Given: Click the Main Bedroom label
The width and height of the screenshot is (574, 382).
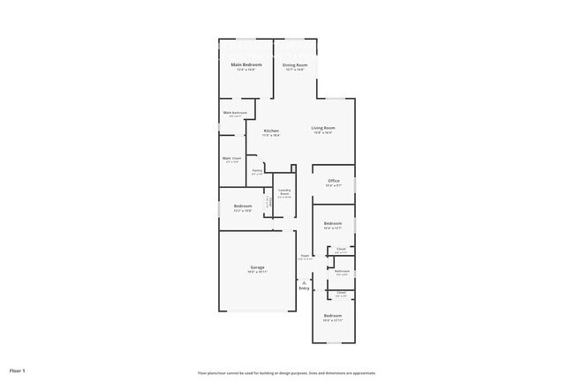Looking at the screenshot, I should pos(246,65).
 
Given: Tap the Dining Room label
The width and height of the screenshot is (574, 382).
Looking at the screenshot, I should pos(295,65).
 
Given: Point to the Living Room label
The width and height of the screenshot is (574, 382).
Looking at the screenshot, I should pos(323,128).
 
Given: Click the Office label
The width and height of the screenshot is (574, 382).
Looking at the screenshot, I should pos(334,181).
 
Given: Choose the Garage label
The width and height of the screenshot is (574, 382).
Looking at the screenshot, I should pos(258,267).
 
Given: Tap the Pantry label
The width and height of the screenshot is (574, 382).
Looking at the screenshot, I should pos(257,170).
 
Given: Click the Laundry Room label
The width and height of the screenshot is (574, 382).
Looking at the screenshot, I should pos(284,191).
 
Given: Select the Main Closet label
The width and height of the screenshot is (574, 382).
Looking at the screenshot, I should pos(232,158).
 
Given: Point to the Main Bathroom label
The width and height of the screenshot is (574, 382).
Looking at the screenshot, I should pos(233,112).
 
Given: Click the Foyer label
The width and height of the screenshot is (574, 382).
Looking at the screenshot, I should pos(305,255).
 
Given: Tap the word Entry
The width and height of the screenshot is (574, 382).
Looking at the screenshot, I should pos(304,288).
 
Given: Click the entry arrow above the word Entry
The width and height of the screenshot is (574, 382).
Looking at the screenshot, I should pos(304,281).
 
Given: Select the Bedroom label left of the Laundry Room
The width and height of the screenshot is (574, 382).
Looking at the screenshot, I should pos(243,206).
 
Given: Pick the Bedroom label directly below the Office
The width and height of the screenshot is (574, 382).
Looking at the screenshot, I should pos(333,223).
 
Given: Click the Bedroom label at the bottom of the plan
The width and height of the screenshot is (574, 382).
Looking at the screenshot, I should pos(333,316).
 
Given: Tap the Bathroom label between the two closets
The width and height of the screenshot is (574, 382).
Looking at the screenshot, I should pos(342,271).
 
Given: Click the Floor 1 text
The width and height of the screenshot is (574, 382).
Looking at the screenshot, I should pos(18,371).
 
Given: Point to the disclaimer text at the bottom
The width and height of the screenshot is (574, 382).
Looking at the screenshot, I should pos(287,373).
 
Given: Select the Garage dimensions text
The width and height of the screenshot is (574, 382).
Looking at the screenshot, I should pos(258,273).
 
